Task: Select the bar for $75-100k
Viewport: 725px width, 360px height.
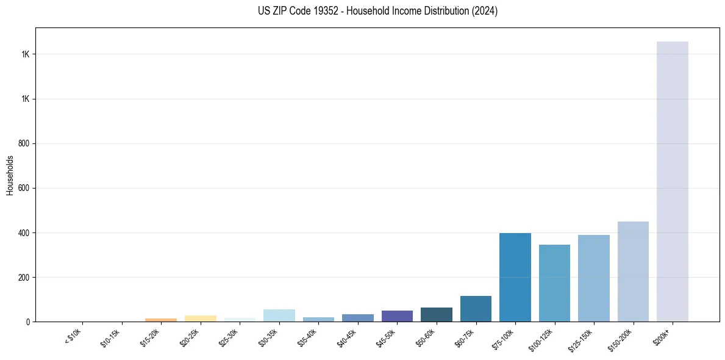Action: (515, 277)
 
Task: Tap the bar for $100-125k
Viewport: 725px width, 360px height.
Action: (554, 283)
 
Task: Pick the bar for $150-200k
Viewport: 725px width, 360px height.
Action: (633, 272)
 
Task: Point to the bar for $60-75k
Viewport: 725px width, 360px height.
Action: (476, 309)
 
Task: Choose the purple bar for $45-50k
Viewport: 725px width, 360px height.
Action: (397, 316)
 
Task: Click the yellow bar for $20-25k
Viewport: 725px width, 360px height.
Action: (200, 319)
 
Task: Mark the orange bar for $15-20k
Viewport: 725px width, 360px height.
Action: (161, 320)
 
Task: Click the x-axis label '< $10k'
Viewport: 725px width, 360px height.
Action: (74, 336)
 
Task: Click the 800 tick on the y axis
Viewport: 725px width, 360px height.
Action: (24, 143)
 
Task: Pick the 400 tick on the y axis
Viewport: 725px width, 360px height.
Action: (24, 232)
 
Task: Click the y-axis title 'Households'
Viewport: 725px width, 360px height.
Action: (10, 175)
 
